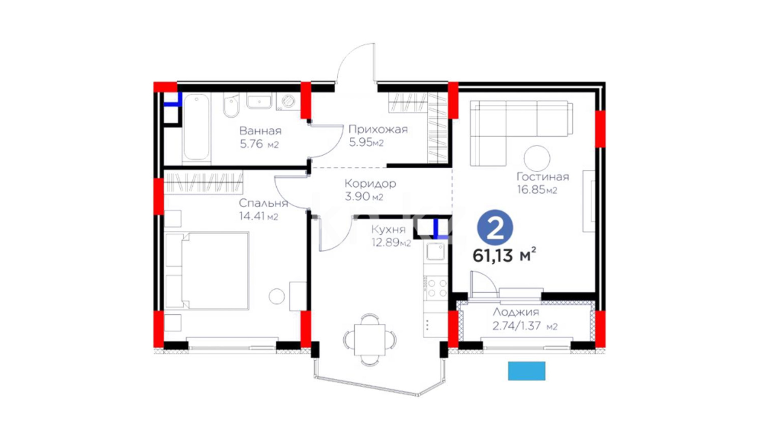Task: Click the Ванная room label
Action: (260, 131)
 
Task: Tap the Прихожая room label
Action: (378, 130)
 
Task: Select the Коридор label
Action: (370, 184)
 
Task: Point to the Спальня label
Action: (263, 203)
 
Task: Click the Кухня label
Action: (388, 230)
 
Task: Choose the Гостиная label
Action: (542, 177)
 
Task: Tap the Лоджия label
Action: (516, 312)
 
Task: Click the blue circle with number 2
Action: (495, 228)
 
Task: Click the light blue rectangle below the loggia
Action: (527, 371)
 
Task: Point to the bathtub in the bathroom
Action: (196, 127)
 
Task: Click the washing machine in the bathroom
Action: (288, 101)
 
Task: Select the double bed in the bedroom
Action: (207, 271)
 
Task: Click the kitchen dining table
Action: (370, 340)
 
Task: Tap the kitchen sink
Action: (435, 252)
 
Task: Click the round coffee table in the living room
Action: (537, 158)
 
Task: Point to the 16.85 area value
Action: (531, 190)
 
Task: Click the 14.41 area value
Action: (252, 216)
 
